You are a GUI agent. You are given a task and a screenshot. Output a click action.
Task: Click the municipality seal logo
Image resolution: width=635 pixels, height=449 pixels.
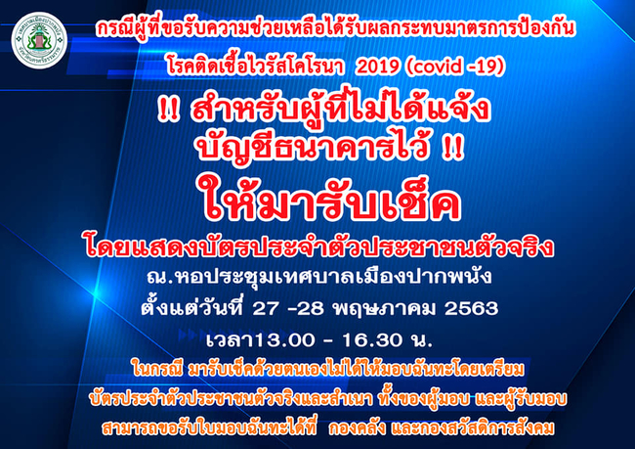pyautogui.click(x=39, y=40)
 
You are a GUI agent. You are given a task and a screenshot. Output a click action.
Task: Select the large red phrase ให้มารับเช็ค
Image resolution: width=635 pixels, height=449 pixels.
pyautogui.click(x=328, y=202)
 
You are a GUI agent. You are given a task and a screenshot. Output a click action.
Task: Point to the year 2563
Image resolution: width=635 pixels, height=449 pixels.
pyautogui.click(x=471, y=309)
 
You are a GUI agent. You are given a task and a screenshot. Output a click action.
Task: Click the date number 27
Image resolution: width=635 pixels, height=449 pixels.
pyautogui.click(x=266, y=309)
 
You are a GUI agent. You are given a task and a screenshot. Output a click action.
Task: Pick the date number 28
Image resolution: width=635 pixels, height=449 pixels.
pyautogui.click(x=311, y=309)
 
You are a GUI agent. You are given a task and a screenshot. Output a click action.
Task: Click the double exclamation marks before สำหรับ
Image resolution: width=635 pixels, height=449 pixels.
pyautogui.click(x=168, y=110)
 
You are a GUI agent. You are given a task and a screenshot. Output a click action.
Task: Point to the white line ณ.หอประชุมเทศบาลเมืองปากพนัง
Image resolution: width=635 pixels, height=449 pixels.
pyautogui.click(x=319, y=278)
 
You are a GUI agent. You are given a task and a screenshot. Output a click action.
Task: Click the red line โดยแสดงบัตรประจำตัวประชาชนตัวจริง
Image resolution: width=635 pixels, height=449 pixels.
pyautogui.click(x=319, y=247)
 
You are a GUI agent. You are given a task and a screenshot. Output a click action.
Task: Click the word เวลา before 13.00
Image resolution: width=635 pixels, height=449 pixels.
pyautogui.click(x=230, y=340)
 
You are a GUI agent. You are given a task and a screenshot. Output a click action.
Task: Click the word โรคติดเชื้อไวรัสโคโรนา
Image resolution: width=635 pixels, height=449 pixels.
pyautogui.click(x=256, y=67)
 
